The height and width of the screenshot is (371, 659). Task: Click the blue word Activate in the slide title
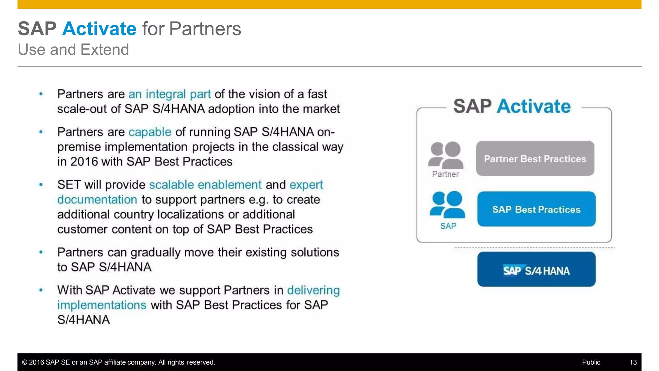coord(99,29)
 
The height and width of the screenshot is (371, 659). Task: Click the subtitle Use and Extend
coord(73,50)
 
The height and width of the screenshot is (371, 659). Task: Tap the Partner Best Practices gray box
coord(535,158)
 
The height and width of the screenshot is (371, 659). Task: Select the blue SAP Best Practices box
coord(536,209)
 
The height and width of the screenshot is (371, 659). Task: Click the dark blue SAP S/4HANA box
coord(536,270)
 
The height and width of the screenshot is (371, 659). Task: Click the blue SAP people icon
coord(447,205)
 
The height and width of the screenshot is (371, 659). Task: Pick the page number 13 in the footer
coord(633,362)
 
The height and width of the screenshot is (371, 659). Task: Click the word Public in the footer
coord(591,362)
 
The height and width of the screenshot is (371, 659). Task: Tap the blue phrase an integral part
coord(170,94)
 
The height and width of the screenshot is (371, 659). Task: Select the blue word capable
coord(150,132)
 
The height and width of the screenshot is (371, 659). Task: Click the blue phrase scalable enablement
coord(205,185)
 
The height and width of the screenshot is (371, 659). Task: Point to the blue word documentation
coord(97,200)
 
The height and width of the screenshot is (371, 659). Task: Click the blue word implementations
coord(102,305)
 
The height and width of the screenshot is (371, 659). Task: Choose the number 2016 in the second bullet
coord(84,162)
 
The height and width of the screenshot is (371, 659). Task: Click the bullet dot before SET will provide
coord(41,185)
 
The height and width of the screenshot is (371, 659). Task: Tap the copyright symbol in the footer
coord(24,362)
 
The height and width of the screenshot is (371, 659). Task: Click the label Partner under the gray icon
coord(445,174)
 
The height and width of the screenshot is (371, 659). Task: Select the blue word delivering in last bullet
coord(313,290)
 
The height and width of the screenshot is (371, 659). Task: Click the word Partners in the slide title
coord(205,29)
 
